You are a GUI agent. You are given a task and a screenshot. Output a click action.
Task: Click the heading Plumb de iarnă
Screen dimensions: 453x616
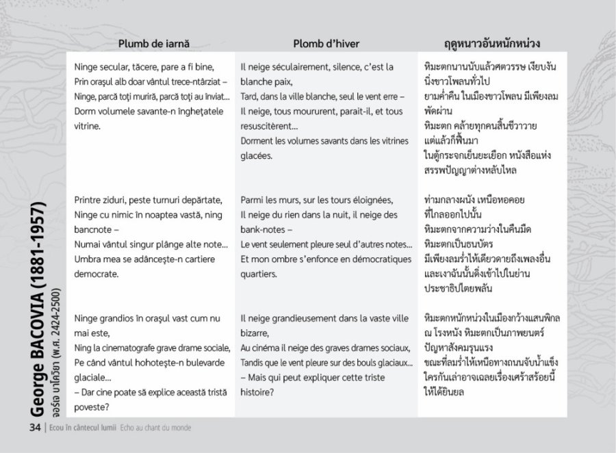(x=153, y=43)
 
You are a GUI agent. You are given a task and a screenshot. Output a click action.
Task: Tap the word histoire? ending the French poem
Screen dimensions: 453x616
(x=257, y=392)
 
